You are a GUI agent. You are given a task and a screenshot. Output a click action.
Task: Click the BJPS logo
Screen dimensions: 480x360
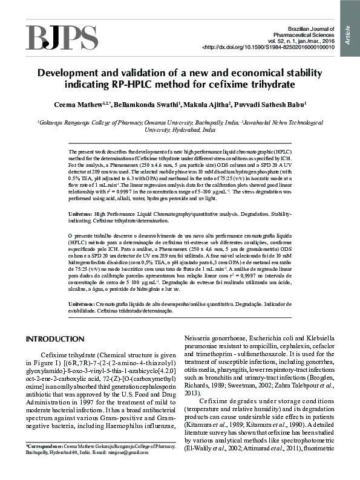point(61,37)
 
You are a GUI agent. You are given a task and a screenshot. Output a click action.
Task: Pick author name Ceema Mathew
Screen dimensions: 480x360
point(97,105)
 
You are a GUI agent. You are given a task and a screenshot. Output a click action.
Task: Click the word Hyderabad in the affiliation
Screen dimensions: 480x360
point(186,130)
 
